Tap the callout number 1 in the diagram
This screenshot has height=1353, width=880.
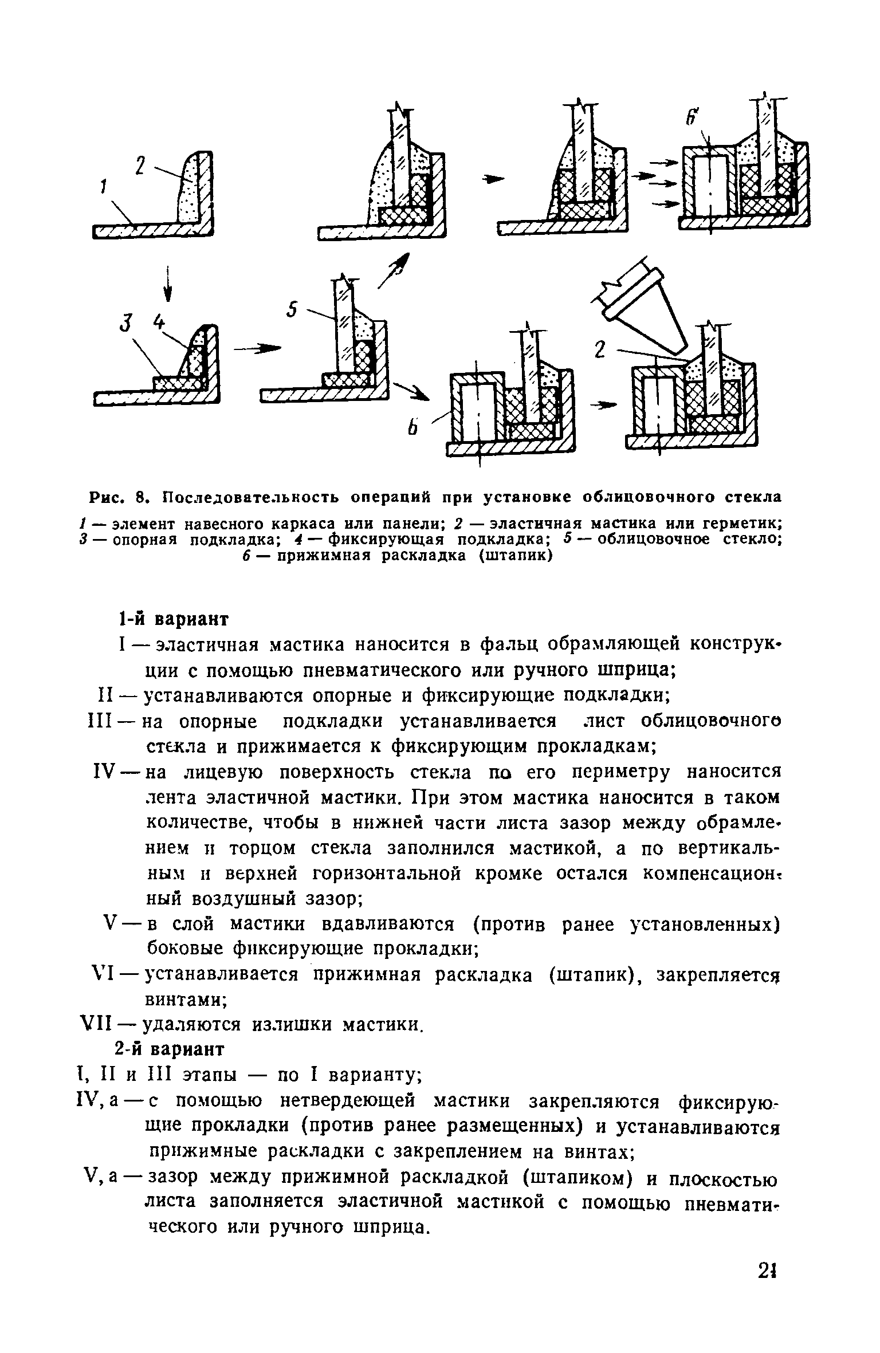103,188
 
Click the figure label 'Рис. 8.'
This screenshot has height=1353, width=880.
119,496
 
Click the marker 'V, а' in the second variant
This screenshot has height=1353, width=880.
104,1177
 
